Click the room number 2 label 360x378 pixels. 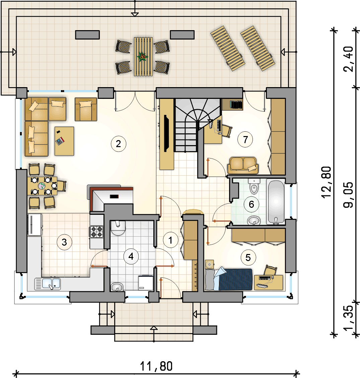118,144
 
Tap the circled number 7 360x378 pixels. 245,140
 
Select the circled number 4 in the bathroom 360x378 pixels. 131,256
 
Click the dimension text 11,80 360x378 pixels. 156,366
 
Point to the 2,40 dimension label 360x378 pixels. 348,59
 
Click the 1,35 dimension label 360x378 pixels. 348,318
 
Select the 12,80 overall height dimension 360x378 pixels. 326,182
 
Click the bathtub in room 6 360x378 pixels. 276,201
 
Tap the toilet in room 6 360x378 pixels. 254,186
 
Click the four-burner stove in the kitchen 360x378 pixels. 97,232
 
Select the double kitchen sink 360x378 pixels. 48,284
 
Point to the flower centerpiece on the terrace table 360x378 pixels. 143,57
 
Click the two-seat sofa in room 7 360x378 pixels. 243,166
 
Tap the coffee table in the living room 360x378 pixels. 64,141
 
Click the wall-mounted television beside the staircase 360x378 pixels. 166,133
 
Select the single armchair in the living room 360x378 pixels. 86,109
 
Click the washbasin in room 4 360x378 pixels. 117,287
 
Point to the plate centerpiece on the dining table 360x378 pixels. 42,186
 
